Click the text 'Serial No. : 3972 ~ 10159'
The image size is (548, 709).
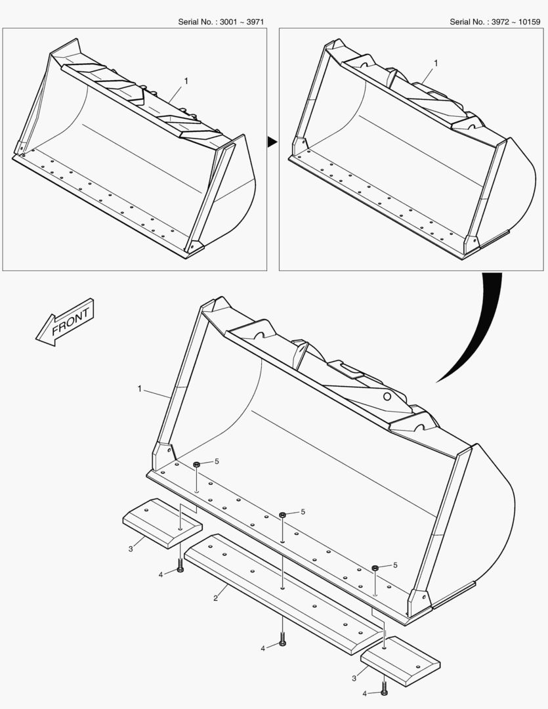coord(495,22)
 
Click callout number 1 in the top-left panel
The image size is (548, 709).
coord(186,81)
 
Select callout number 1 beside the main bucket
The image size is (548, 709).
coord(140,389)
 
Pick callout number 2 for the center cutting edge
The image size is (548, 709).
coord(215,597)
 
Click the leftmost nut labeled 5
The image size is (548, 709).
coord(197,465)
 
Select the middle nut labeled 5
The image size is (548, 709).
coord(282,514)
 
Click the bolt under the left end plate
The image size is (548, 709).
coord(180,566)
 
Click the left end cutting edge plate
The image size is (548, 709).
coord(162,522)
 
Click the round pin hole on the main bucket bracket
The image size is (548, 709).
coord(388,397)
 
